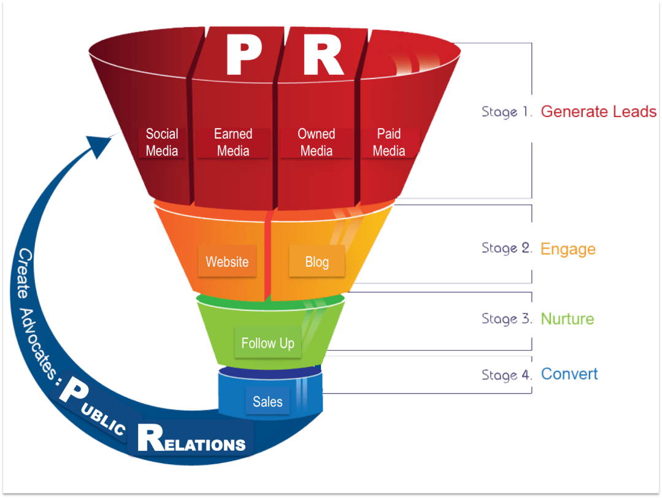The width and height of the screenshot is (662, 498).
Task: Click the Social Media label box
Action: click(162, 142)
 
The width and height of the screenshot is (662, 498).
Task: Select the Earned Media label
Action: click(233, 142)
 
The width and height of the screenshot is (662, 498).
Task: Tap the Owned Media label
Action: click(316, 142)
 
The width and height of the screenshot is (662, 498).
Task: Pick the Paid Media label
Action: click(389, 142)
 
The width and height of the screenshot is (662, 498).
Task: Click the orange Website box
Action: click(227, 262)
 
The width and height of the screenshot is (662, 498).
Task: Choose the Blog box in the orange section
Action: click(317, 262)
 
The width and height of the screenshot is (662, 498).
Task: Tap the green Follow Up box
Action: click(267, 343)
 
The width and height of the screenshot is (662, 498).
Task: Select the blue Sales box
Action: click(267, 402)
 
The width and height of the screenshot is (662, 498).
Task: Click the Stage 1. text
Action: click(507, 112)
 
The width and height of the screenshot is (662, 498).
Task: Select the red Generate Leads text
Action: click(598, 112)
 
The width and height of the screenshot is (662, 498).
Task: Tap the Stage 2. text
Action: click(507, 248)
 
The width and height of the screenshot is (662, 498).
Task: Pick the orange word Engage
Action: click(568, 249)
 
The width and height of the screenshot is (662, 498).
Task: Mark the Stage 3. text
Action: click(507, 319)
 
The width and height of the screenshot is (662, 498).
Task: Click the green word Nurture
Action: click(567, 319)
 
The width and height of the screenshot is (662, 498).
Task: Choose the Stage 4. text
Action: click(507, 375)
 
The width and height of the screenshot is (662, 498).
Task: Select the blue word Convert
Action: click(569, 374)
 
